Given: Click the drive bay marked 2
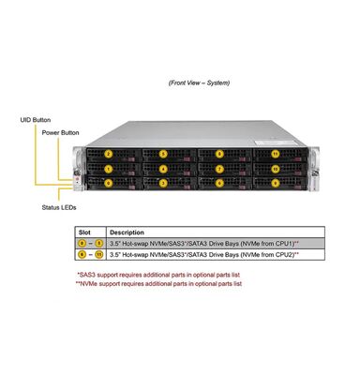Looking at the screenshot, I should click(x=109, y=153).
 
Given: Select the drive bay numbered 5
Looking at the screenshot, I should click(x=164, y=153).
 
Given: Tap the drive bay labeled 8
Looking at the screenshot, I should click(x=219, y=153).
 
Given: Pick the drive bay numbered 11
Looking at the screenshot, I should click(x=275, y=153).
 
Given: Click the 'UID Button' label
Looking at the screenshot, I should click(x=33, y=120).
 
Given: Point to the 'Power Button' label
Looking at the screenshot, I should click(x=59, y=133).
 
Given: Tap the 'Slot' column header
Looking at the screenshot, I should click(x=84, y=232).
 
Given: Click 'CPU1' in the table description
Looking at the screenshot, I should click(x=283, y=243).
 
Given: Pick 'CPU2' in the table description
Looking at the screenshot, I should click(x=283, y=254).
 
